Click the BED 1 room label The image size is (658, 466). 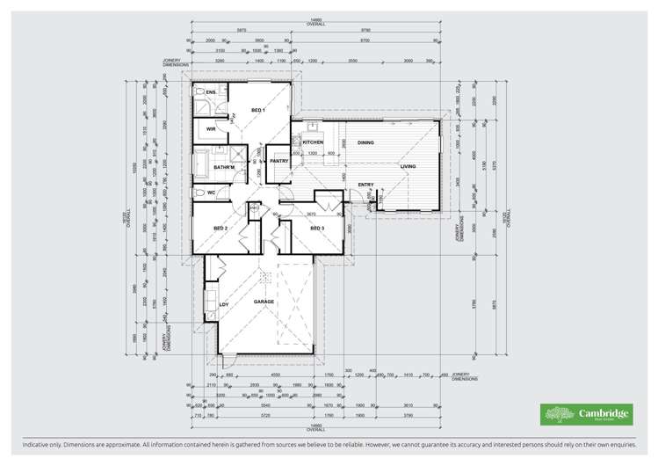tap(257, 110)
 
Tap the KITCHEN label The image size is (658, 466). tap(314, 142)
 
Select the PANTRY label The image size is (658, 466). tap(280, 161)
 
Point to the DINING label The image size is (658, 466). tap(365, 142)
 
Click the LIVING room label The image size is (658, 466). tap(409, 165)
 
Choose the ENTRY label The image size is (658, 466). tap(366, 185)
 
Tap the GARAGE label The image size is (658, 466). tap(264, 302)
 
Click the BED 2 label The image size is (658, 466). tap(221, 229)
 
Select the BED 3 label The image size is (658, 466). tap(317, 229)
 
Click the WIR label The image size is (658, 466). tap(211, 129)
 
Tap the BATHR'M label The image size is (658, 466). tap(222, 167)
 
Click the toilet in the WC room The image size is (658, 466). tap(201, 192)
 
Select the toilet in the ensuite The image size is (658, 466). tap(200, 91)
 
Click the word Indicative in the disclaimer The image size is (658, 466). tap(26, 446)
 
